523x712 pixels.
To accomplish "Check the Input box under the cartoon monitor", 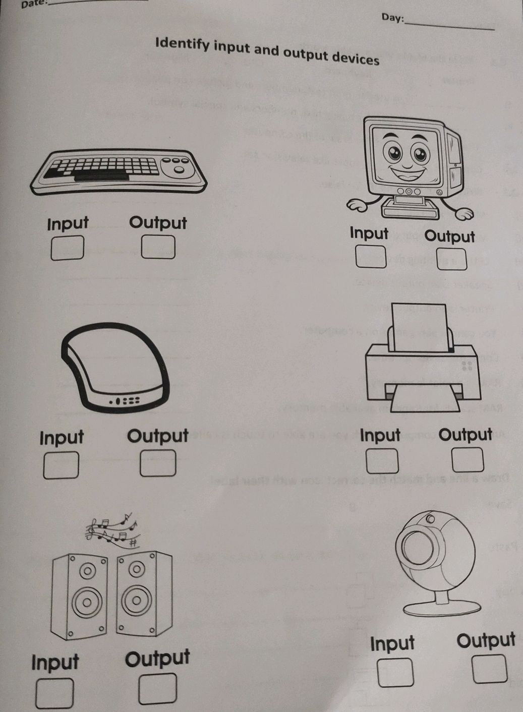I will [371, 257].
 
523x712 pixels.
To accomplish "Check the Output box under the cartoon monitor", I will [451, 259].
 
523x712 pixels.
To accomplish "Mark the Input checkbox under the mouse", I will [61, 465].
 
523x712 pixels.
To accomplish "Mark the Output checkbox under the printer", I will [468, 460].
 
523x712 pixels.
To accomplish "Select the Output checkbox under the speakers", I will [158, 689].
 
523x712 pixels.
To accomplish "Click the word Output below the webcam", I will [486, 640].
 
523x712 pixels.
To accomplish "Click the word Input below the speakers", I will [55, 662].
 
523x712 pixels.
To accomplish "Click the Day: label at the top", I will [392, 18].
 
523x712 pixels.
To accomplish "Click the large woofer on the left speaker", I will [87, 602].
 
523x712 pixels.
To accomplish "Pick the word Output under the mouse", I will [157, 436].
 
